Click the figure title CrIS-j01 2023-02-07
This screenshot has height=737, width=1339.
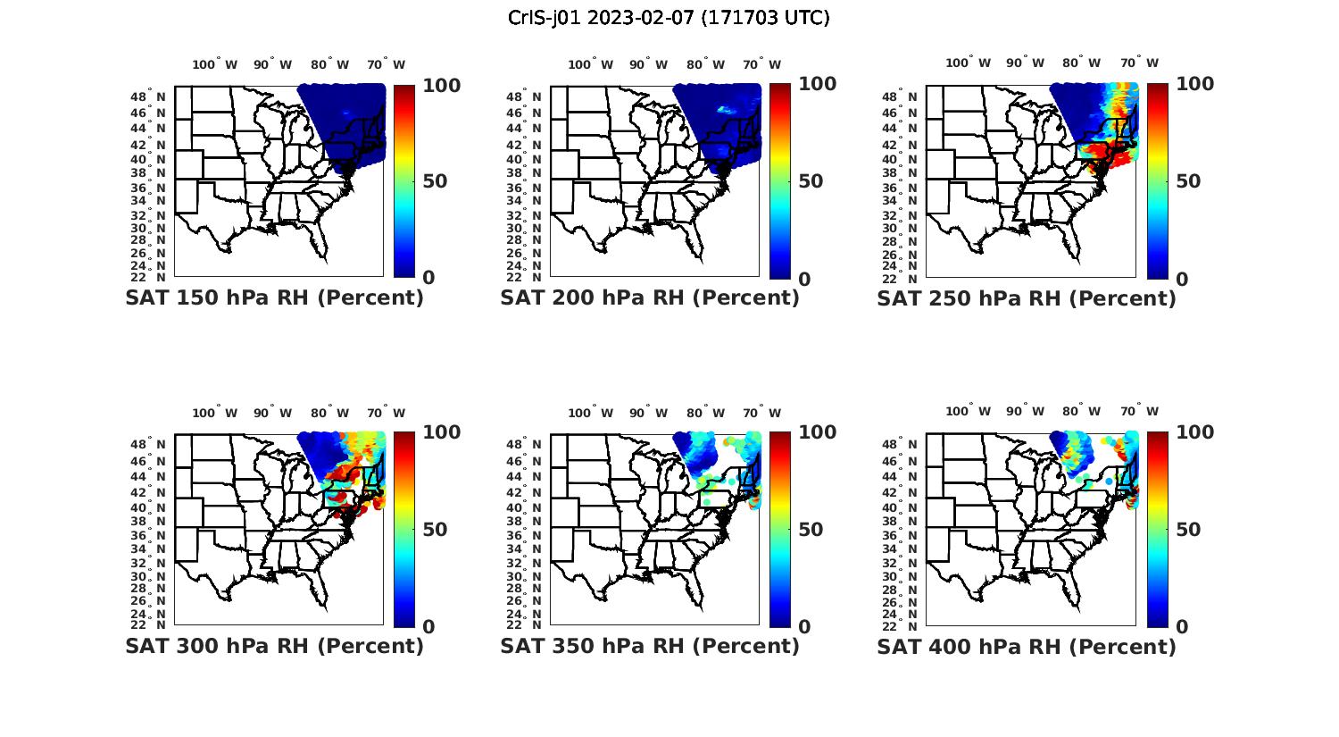pyautogui.click(x=669, y=18)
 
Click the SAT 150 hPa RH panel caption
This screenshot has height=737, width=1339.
pyautogui.click(x=274, y=297)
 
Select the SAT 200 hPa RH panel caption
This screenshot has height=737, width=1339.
pyautogui.click(x=650, y=297)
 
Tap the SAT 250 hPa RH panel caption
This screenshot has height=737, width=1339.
pyautogui.click(x=1027, y=298)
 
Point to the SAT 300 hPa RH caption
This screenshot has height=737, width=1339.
pyautogui.click(x=274, y=646)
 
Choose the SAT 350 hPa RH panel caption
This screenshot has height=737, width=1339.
pyautogui.click(x=650, y=646)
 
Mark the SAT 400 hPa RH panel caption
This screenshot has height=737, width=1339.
pyautogui.click(x=1027, y=647)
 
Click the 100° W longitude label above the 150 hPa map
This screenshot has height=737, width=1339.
pyautogui.click(x=215, y=64)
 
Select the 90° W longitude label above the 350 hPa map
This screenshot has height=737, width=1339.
pyautogui.click(x=649, y=413)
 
